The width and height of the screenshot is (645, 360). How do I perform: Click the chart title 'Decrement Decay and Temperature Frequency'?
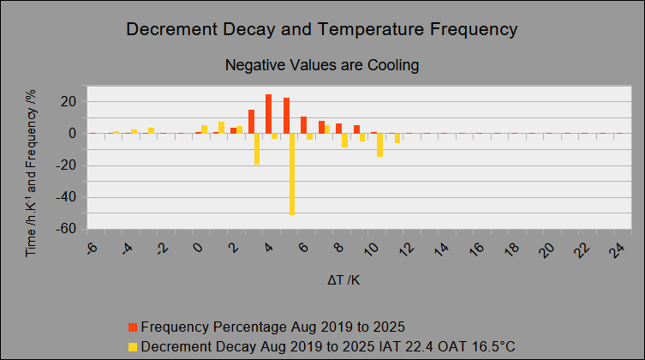tap(322, 29)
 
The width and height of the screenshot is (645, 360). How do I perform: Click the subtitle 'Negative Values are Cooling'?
tap(322, 65)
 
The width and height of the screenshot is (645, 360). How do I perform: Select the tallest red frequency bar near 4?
tap(269, 114)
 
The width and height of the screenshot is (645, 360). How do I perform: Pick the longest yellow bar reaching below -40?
tap(292, 174)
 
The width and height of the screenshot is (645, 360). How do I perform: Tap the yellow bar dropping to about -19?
tap(257, 149)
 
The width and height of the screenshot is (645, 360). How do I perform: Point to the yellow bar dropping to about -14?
tap(379, 145)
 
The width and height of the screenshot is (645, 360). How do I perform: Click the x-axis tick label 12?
tap(407, 249)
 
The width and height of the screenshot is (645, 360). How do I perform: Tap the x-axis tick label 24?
tap(618, 249)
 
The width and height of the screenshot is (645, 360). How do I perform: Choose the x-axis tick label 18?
tap(512, 249)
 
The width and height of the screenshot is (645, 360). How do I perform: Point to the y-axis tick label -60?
tap(66, 229)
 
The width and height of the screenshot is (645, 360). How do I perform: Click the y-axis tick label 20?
tap(69, 102)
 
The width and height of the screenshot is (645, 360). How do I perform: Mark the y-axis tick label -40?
tap(66, 197)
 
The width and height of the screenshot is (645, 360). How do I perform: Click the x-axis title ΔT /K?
tap(343, 280)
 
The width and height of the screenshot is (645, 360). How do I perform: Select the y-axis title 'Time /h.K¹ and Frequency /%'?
tap(31, 173)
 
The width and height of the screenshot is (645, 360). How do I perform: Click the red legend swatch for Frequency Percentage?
tap(133, 327)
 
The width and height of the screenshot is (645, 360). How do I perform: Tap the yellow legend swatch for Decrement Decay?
tap(133, 347)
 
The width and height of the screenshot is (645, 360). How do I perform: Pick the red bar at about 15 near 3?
tap(251, 122)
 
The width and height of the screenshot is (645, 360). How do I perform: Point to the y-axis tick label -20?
tap(66, 165)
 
